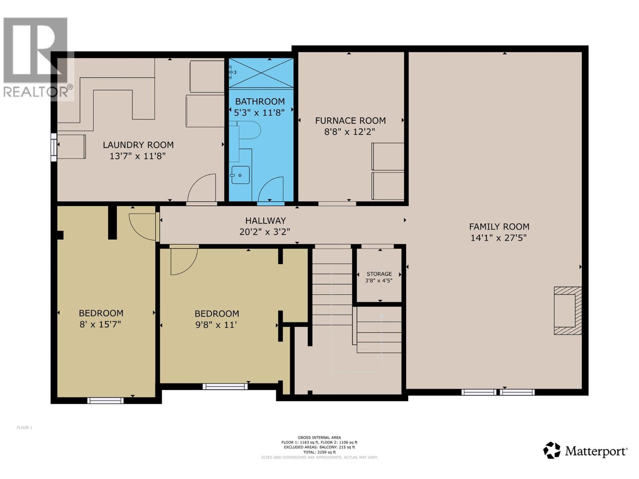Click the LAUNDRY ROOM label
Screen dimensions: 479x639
pyautogui.click(x=138, y=145)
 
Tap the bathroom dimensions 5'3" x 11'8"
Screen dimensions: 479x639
pyautogui.click(x=259, y=113)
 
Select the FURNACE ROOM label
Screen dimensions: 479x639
pyautogui.click(x=350, y=121)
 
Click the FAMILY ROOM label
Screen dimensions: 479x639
pyautogui.click(x=499, y=226)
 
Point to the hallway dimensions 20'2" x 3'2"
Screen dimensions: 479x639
pyautogui.click(x=264, y=232)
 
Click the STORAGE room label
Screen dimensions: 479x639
pyautogui.click(x=379, y=274)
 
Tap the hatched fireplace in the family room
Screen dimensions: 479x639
pyautogui.click(x=568, y=310)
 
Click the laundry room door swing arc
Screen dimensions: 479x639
pyautogui.click(x=202, y=188)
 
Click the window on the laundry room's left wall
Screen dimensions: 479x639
pyautogui.click(x=54, y=147)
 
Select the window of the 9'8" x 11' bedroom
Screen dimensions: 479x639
pyautogui.click(x=225, y=386)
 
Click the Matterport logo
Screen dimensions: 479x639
pyautogui.click(x=585, y=451)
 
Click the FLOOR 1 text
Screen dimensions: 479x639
pyautogui.click(x=24, y=428)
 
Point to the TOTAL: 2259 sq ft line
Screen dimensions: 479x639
pyautogui.click(x=319, y=452)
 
